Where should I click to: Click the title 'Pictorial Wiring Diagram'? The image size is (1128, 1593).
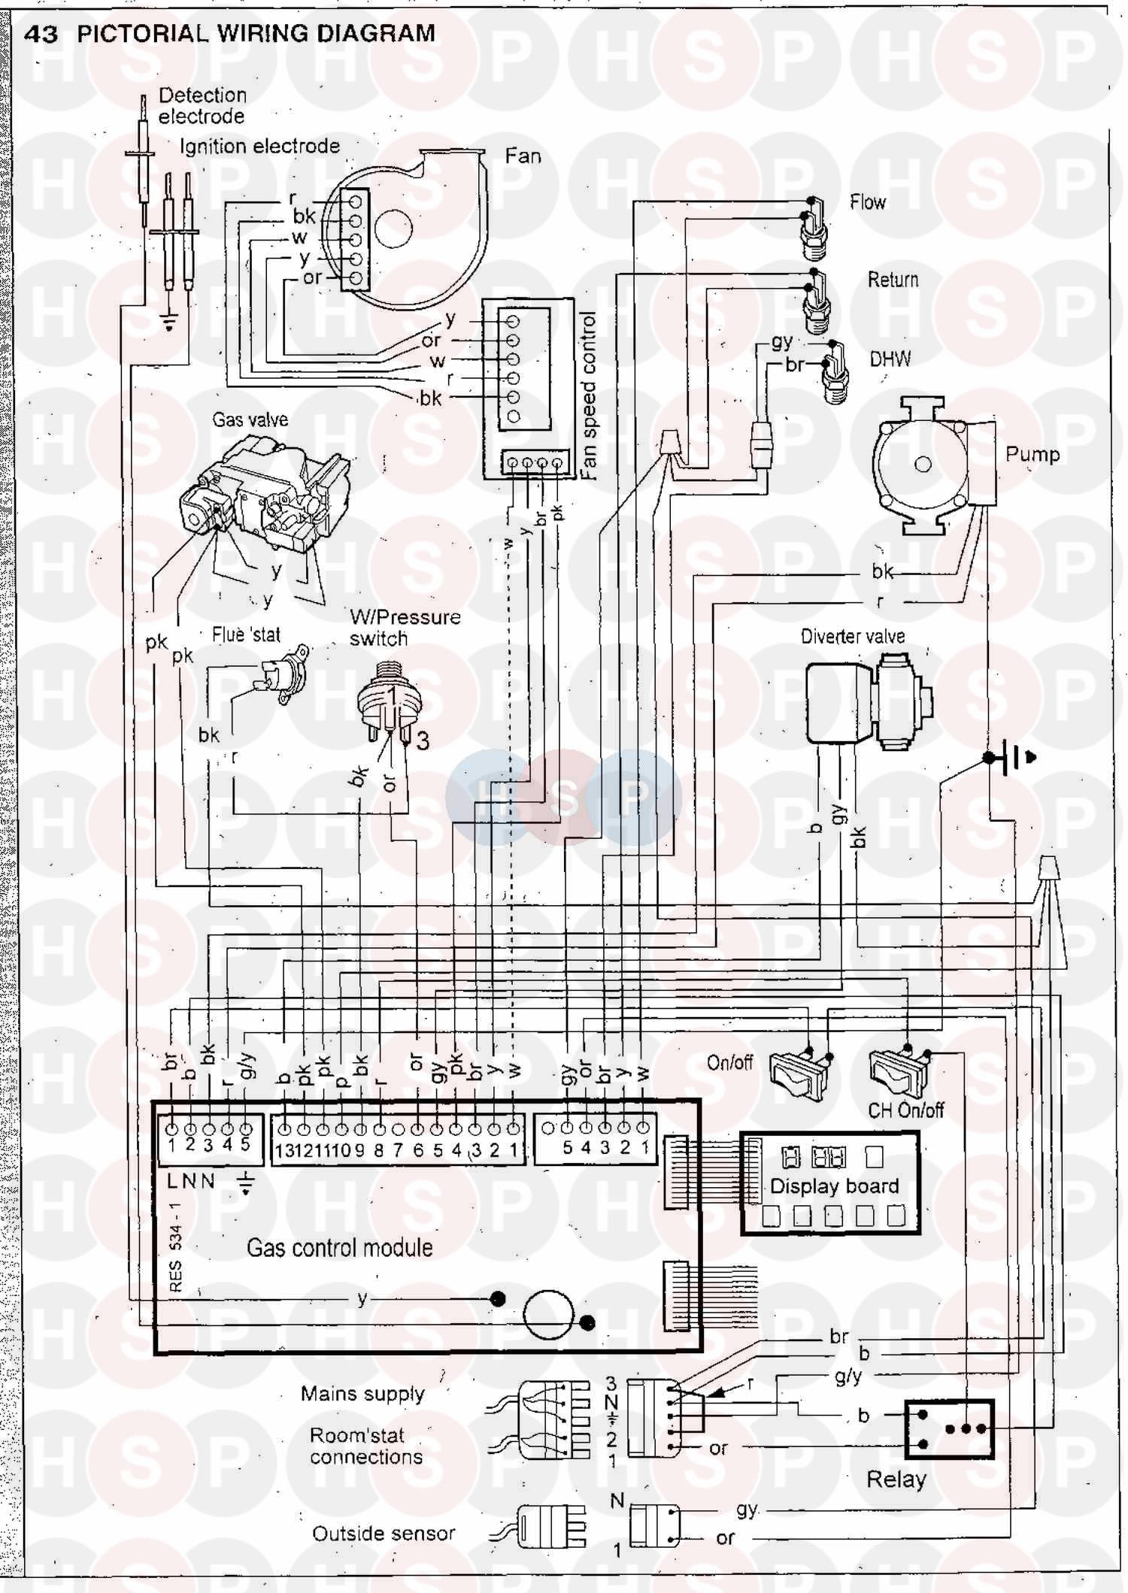point(256,34)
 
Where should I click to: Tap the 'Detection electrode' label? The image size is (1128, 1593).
point(202,106)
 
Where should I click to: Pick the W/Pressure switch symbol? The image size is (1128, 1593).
point(389,703)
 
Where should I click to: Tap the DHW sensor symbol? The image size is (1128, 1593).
point(835,372)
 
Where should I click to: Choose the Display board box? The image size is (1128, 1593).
point(830,1184)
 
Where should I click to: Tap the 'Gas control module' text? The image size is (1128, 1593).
point(339,1248)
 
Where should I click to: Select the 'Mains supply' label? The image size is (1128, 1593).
point(362,1394)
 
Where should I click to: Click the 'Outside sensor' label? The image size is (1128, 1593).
point(384,1534)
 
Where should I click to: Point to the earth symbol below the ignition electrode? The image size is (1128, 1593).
point(170,322)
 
